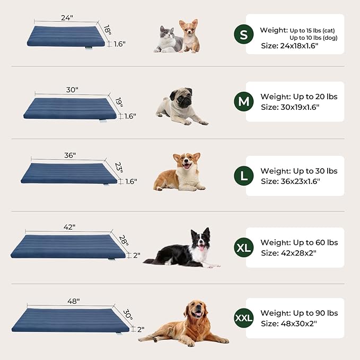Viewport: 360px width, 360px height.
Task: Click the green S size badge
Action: tap(243, 34)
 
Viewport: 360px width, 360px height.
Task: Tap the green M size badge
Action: tap(243, 101)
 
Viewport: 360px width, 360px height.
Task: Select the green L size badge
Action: tap(243, 176)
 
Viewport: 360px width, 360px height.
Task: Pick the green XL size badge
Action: tap(243, 247)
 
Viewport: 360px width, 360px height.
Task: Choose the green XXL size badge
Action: tap(243, 318)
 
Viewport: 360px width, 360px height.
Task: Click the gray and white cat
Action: tap(168, 39)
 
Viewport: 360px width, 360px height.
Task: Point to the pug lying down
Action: tap(179, 107)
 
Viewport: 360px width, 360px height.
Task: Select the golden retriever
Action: tap(188, 323)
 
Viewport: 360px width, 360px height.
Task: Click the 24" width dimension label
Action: tap(66, 17)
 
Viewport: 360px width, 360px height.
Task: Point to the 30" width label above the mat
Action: tap(72, 90)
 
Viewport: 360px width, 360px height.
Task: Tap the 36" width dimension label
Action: tap(69, 155)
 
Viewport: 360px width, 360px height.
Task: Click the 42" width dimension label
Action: tap(69, 226)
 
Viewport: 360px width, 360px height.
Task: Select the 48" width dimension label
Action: tap(73, 301)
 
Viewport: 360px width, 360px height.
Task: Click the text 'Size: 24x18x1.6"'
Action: tap(289, 46)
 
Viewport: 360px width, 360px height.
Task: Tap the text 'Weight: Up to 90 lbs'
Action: tap(299, 313)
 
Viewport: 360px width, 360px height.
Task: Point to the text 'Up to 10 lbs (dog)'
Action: tap(313, 38)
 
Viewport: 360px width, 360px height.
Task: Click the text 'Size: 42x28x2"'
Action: tap(288, 253)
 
